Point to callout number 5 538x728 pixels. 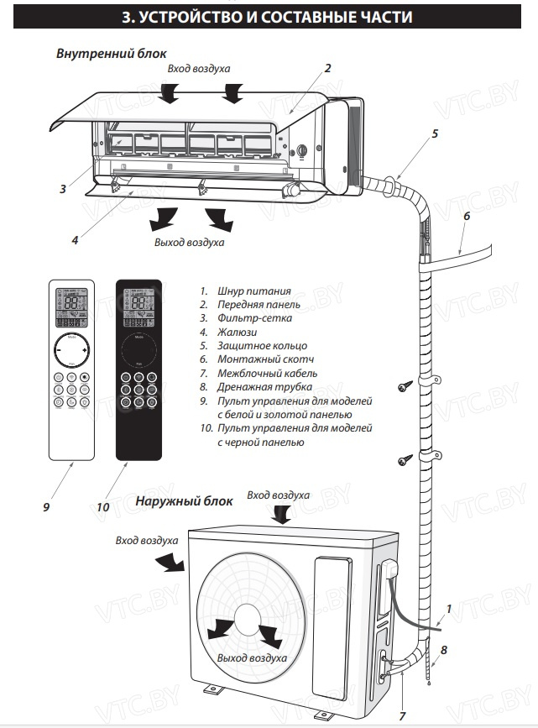click(435, 134)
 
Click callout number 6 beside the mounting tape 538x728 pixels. click(467, 216)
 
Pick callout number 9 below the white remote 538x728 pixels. click(47, 506)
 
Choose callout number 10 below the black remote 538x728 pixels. click(103, 506)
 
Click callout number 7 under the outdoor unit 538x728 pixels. click(402, 715)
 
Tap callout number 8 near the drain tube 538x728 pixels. click(444, 649)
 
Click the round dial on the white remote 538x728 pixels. click(72, 350)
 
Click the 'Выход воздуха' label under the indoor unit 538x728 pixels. click(189, 243)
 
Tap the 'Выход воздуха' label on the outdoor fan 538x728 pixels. click(251, 658)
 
